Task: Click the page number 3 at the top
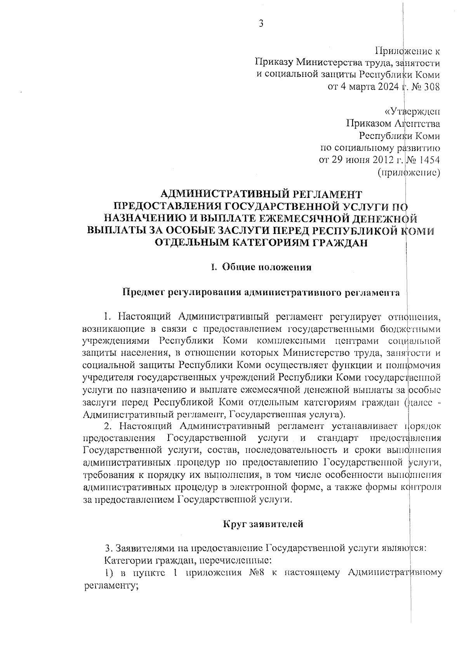261,24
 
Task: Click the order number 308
432,87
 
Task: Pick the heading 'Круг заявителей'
263,525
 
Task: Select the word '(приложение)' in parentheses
409,172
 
